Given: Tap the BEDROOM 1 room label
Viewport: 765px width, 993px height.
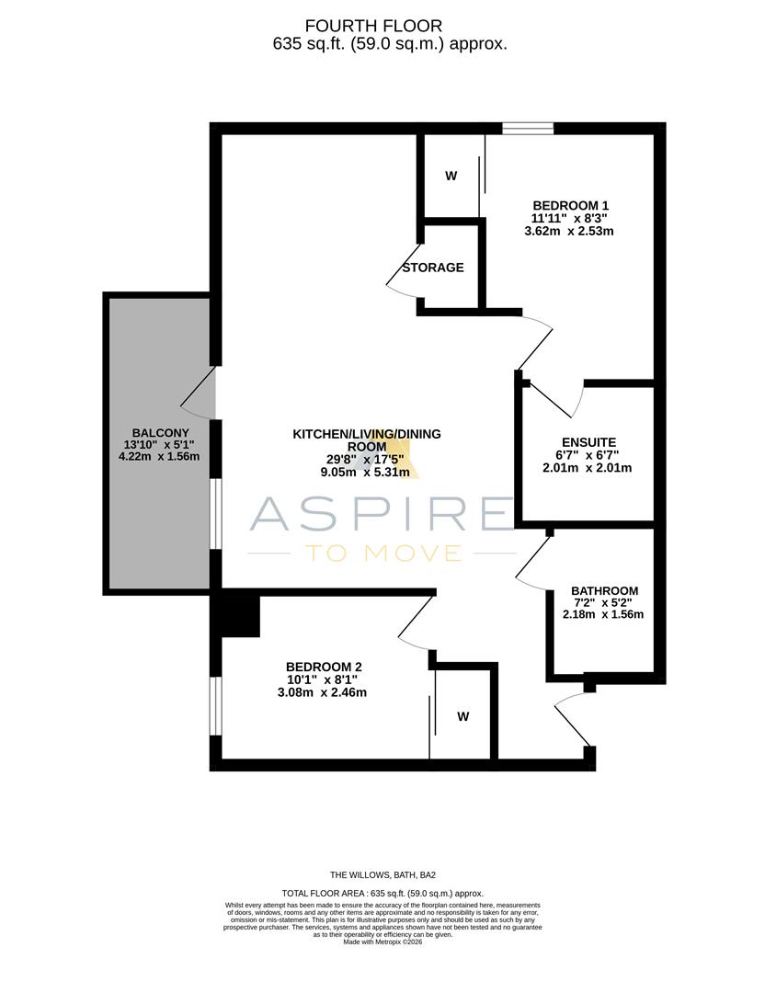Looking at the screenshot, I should (571, 206).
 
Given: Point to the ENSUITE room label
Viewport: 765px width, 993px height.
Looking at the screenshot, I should (588, 441).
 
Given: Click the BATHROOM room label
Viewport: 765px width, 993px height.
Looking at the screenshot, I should (604, 590).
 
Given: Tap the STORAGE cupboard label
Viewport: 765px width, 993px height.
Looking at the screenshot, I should (433, 268).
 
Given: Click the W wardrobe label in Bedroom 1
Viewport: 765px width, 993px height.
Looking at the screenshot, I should (451, 177).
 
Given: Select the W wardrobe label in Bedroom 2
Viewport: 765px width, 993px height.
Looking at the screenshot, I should (462, 716).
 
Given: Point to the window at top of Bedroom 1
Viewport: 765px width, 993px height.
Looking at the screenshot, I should (528, 129).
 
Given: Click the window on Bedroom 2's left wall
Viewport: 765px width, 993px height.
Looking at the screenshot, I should (216, 706).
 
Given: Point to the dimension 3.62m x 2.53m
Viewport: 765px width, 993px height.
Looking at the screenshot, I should (568, 232).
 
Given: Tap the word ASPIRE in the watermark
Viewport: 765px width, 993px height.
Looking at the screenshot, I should (382, 513).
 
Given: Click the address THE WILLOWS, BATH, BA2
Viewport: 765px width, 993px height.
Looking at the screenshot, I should (382, 875).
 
